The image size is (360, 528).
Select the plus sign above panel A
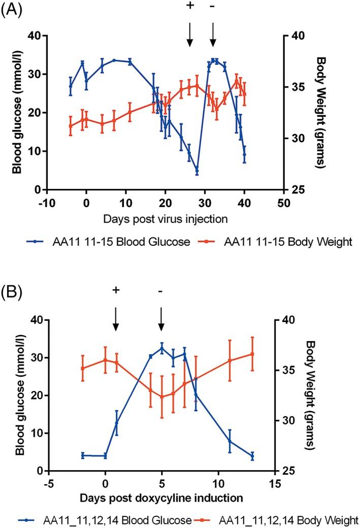click(190, 6)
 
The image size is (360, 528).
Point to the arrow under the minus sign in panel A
click(213, 34)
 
